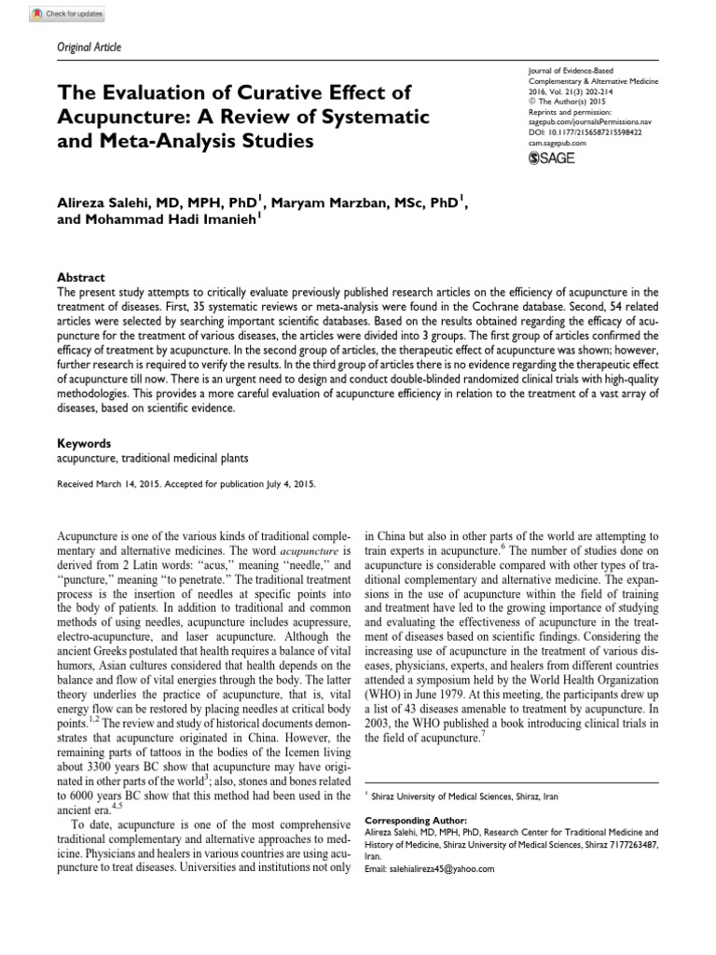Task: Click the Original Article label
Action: [84, 48]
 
